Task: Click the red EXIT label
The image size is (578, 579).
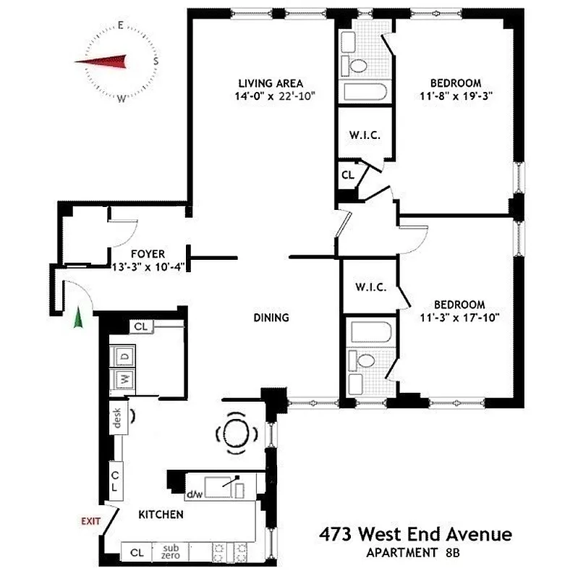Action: (90, 520)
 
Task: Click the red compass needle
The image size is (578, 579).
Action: (101, 62)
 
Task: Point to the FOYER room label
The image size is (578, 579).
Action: (148, 254)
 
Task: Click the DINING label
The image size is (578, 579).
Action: (271, 317)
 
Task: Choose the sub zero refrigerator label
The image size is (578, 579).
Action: (171, 551)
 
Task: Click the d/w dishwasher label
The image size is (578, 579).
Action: (194, 495)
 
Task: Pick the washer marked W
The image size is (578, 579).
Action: (123, 379)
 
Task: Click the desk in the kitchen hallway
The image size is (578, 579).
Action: (117, 419)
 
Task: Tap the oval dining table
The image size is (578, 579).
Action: (238, 433)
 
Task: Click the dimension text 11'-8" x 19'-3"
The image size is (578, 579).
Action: (456, 96)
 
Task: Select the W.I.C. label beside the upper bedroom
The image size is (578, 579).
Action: (365, 136)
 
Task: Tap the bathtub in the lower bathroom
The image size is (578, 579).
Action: (370, 333)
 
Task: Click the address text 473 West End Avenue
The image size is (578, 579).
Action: (415, 536)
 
